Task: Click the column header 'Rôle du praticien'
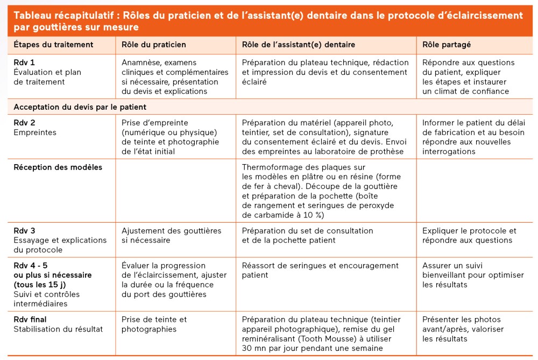point(153,45)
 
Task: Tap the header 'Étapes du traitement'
point(53,45)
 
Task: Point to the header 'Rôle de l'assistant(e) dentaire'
point(299,45)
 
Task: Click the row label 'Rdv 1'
point(24,62)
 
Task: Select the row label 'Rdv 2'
point(24,123)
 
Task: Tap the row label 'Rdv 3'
point(24,230)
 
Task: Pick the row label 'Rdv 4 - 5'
point(31,265)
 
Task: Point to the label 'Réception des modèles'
point(58,167)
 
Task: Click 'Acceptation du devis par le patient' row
point(80,107)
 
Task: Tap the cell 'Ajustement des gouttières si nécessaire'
point(171,235)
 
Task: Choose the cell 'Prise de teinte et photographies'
point(154,324)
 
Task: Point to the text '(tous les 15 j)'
point(40,285)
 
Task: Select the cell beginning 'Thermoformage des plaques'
point(321,191)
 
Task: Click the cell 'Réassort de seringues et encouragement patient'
point(320,270)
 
